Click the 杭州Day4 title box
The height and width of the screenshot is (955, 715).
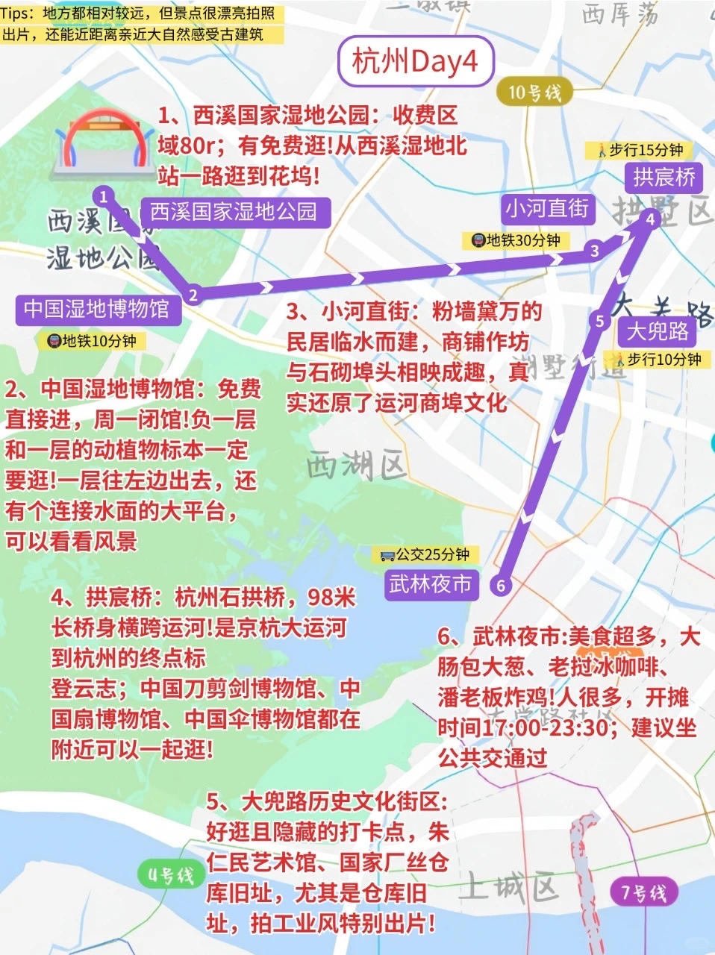(415, 62)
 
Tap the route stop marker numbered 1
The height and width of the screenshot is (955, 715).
(104, 197)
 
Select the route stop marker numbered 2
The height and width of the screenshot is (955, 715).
(193, 295)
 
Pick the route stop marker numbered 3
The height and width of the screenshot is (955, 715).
(594, 251)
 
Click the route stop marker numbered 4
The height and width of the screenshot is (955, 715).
(650, 219)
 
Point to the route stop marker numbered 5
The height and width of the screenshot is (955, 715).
(599, 321)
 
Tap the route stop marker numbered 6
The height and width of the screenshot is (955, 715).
(501, 585)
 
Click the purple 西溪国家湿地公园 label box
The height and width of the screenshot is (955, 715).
(234, 212)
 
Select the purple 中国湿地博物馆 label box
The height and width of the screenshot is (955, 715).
(96, 308)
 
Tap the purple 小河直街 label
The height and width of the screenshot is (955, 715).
(547, 208)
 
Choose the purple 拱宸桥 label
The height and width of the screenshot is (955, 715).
(664, 177)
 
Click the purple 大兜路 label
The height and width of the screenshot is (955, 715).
(657, 331)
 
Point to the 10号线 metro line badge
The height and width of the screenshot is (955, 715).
(534, 93)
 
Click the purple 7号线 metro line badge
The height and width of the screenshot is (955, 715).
(643, 892)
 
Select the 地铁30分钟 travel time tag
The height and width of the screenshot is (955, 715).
(516, 240)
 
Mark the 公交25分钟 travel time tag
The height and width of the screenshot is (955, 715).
(425, 554)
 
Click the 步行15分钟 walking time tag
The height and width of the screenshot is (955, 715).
(640, 150)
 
